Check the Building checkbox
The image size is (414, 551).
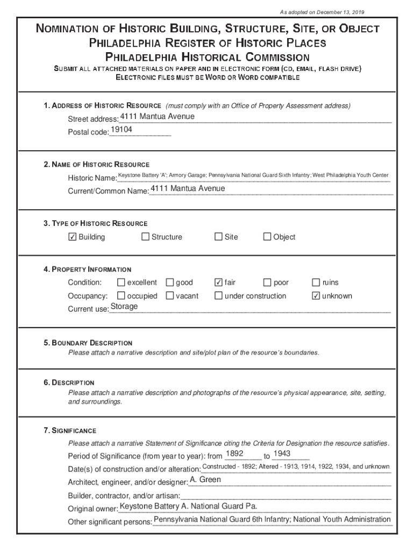coord(72,237)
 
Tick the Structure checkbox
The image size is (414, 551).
coord(145,237)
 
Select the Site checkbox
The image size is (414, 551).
coord(218,237)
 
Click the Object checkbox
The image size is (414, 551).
coord(267,237)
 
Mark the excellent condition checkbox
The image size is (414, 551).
coord(121,282)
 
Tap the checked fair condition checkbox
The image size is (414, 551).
coord(218,282)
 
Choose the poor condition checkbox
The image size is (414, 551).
coord(267,282)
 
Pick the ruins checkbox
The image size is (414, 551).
coord(316,282)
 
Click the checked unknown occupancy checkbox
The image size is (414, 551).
coord(316,295)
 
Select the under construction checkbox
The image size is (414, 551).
coord(218,295)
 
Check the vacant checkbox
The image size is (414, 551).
coord(169,295)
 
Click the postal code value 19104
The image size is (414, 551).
coord(122,130)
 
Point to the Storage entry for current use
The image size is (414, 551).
coord(124,307)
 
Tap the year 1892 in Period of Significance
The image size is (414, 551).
coord(234,454)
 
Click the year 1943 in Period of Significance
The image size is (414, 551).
coord(282,454)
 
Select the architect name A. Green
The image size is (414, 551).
coord(205,479)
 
